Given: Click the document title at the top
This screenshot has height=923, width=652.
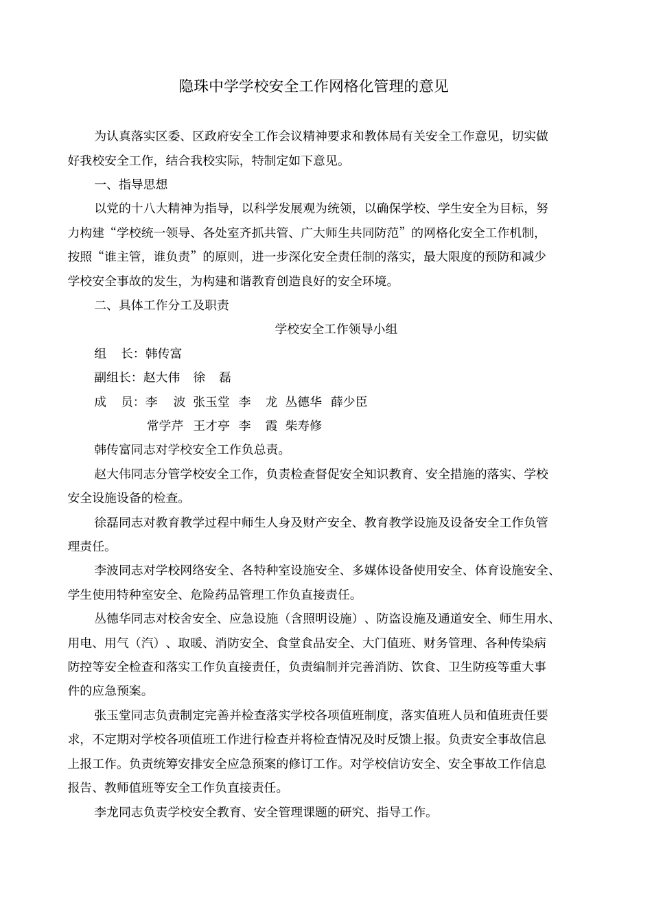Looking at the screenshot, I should [x=314, y=87].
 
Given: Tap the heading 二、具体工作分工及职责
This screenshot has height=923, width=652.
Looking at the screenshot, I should [x=161, y=305].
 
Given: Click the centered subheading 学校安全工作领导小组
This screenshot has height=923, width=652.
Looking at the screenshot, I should [x=336, y=329].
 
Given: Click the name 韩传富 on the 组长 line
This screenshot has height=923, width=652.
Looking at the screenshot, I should [x=164, y=353].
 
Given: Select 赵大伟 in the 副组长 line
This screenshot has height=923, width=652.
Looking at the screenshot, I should [x=162, y=377].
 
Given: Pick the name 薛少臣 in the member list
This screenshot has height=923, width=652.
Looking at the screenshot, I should [x=349, y=401].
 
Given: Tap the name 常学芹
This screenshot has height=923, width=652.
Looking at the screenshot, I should [x=165, y=426].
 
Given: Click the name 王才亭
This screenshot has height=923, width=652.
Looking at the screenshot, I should [x=211, y=426].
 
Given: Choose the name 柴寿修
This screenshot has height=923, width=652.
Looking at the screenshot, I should [x=304, y=426].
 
